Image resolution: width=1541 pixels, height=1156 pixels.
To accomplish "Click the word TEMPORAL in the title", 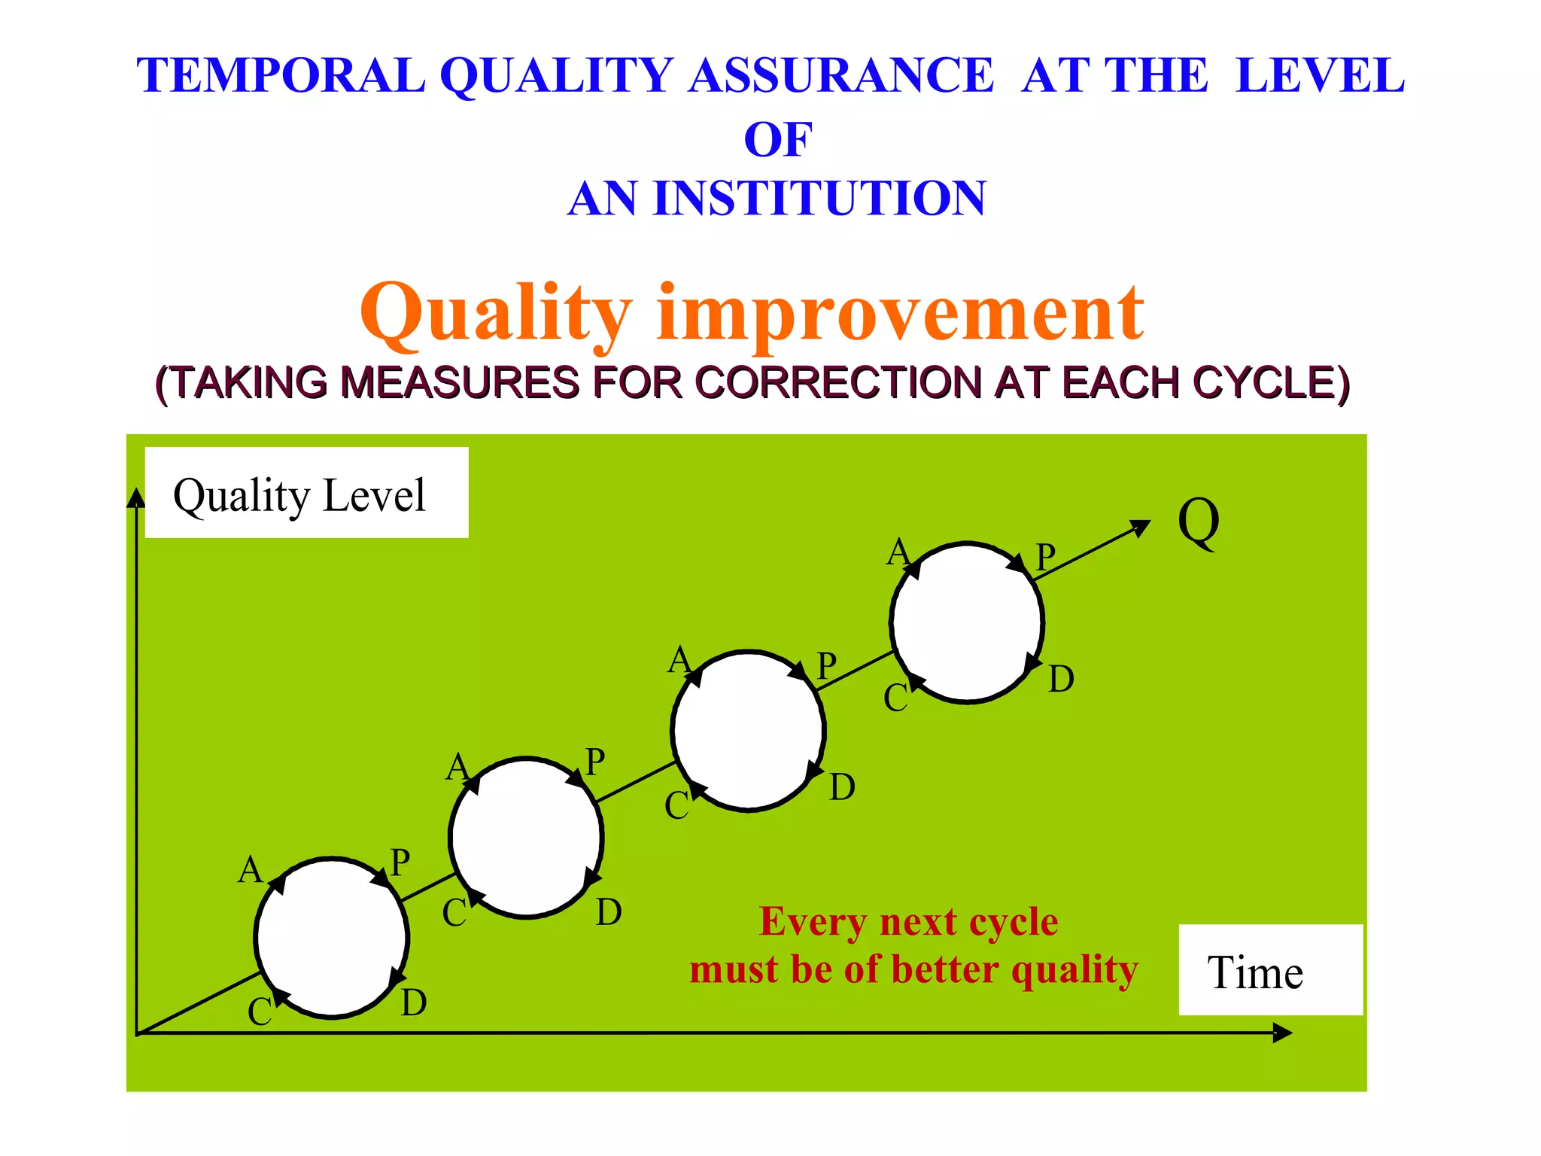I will pyautogui.click(x=281, y=76).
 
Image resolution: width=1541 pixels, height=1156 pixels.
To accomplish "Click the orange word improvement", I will pyautogui.click(x=900, y=315).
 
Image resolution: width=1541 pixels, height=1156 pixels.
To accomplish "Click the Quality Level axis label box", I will pyautogui.click(x=306, y=494).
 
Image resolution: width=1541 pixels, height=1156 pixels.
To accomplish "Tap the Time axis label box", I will pyautogui.click(x=1270, y=971).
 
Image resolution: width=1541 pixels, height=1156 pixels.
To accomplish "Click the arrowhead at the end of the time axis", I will pyautogui.click(x=1282, y=1033).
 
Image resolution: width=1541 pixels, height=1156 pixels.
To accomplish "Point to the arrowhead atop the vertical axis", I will pyautogui.click(x=136, y=497).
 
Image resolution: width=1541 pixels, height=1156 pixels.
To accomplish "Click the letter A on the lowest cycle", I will pyautogui.click(x=250, y=871).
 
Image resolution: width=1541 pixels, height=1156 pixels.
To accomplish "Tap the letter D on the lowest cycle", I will pyautogui.click(x=414, y=1003).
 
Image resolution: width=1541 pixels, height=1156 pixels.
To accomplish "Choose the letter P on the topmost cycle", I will pyautogui.click(x=1045, y=558).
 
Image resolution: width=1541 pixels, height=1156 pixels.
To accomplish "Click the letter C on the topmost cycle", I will pyautogui.click(x=895, y=698).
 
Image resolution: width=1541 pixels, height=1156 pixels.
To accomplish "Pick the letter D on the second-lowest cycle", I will pyautogui.click(x=609, y=913).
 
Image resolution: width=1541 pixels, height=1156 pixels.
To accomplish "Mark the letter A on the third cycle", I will pyautogui.click(x=679, y=661).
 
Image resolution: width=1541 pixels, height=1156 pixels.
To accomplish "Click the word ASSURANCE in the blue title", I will pyautogui.click(x=841, y=76).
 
